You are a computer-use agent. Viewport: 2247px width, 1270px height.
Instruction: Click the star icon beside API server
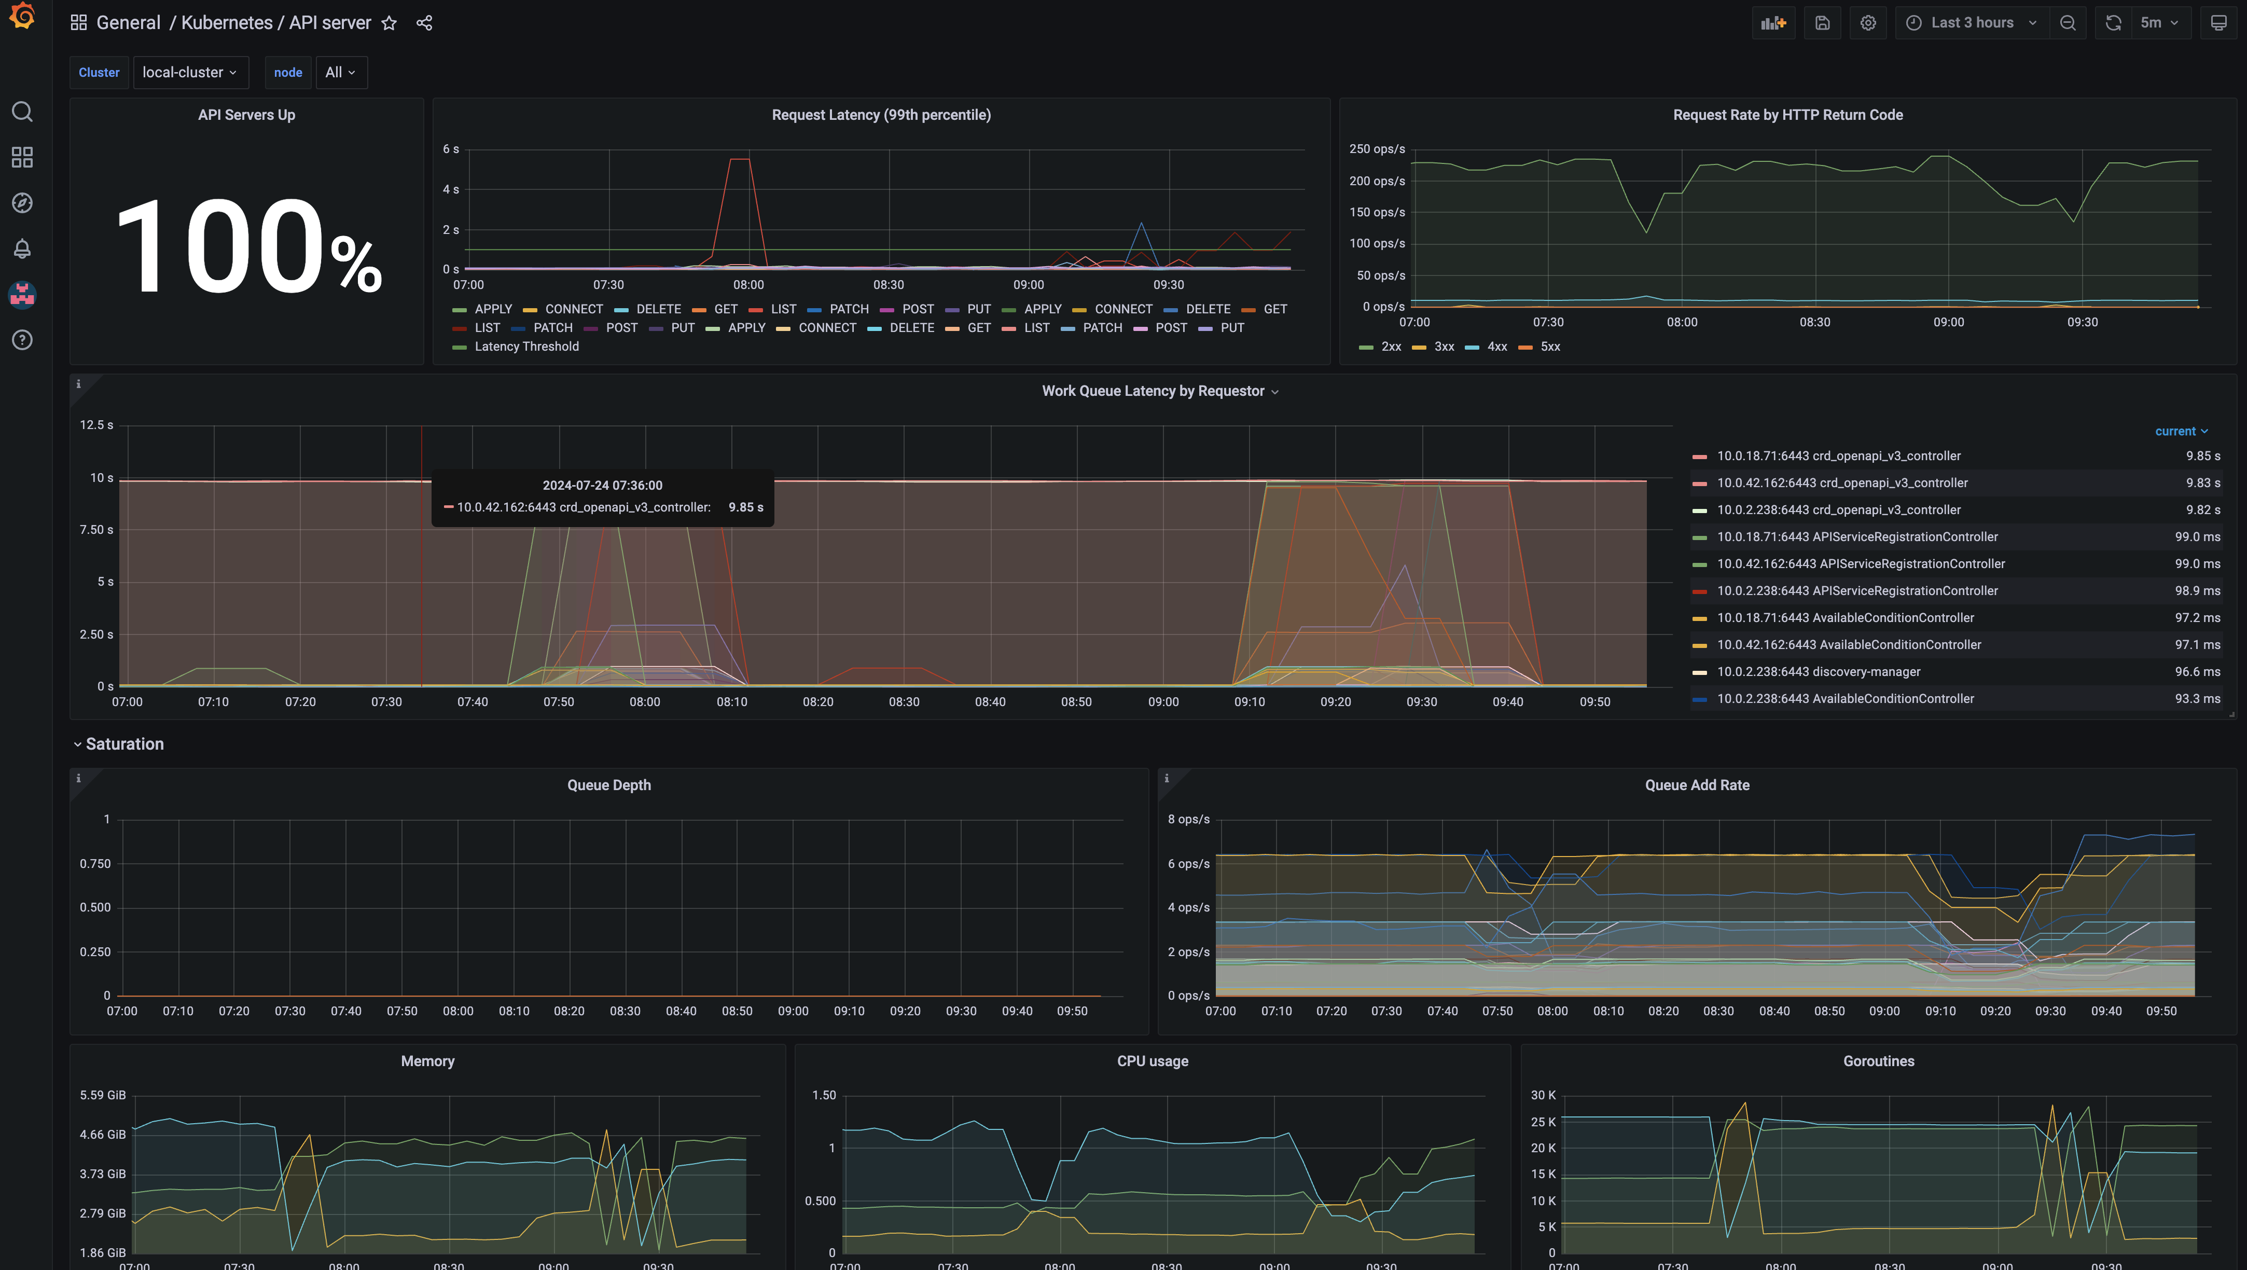(389, 23)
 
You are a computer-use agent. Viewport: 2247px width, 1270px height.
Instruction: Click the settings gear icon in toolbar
(1867, 23)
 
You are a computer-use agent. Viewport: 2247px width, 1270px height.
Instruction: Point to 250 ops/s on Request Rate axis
(1377, 149)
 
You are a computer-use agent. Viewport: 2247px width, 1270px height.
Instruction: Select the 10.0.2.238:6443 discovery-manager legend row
(1819, 672)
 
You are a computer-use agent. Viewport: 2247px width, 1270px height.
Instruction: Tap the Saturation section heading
(124, 744)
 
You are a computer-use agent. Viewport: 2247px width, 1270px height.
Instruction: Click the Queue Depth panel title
(609, 785)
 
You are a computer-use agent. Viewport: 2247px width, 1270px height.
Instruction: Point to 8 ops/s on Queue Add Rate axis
(1189, 820)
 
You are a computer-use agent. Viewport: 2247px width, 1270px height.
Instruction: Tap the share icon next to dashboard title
(425, 23)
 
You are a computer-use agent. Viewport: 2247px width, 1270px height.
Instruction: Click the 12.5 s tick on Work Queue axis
(96, 425)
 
